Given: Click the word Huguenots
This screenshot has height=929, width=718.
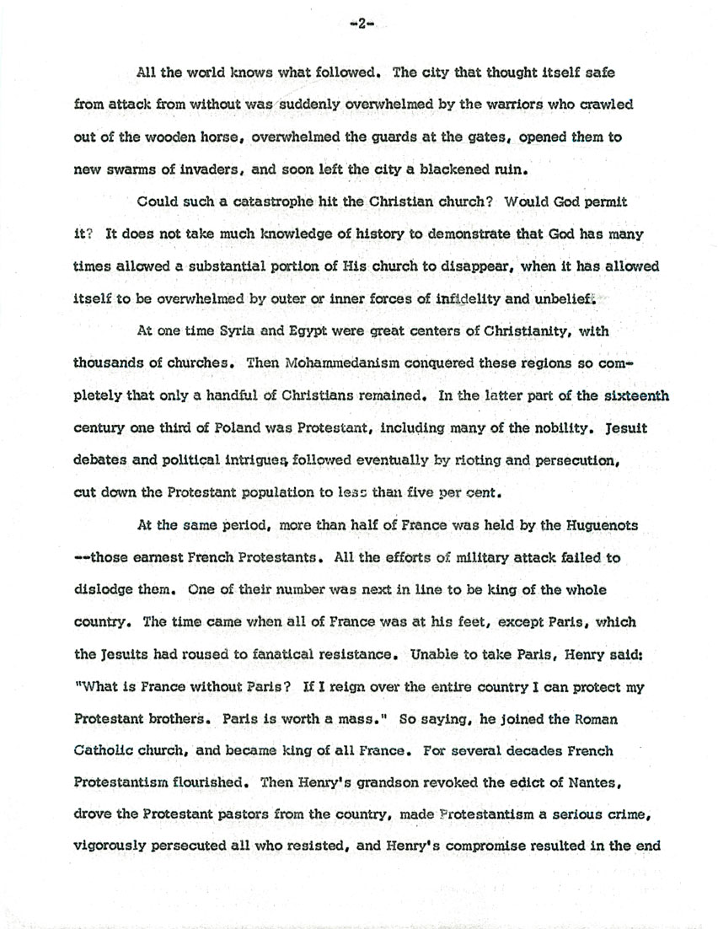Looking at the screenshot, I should tap(595, 526).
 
